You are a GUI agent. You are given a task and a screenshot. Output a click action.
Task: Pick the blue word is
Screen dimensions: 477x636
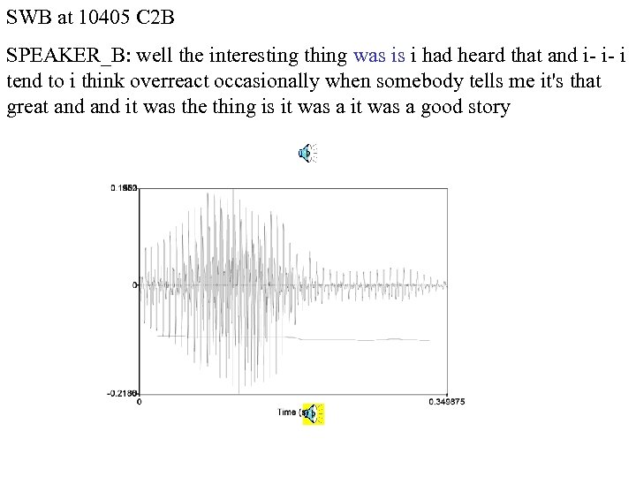coord(397,56)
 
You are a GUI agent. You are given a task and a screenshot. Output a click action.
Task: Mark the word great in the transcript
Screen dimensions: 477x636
coord(26,109)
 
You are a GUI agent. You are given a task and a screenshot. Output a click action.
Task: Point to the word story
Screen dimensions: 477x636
coord(489,109)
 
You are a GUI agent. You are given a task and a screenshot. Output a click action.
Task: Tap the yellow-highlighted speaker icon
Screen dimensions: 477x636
coord(314,413)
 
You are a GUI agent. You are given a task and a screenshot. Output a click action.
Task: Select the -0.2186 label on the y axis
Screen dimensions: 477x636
coord(123,394)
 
